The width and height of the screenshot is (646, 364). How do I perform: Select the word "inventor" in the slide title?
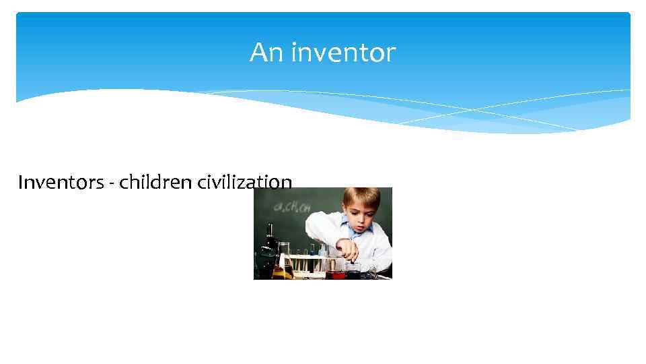pos(343,53)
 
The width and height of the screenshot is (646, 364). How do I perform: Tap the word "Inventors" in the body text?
pos(60,183)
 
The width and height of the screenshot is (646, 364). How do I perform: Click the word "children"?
pos(155,183)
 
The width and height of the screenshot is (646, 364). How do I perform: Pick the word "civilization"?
pos(244,183)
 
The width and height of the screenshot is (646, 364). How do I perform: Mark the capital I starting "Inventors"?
pos(21,183)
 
